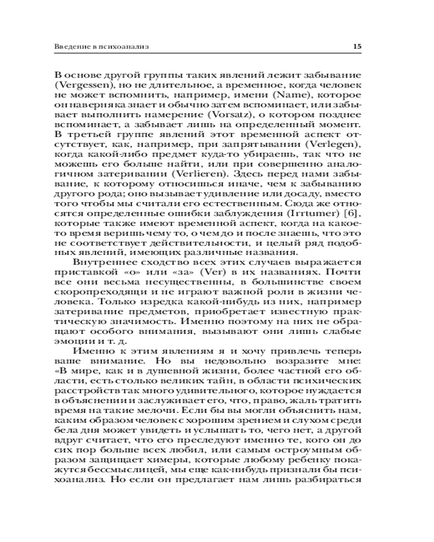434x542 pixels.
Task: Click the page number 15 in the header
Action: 358,47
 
